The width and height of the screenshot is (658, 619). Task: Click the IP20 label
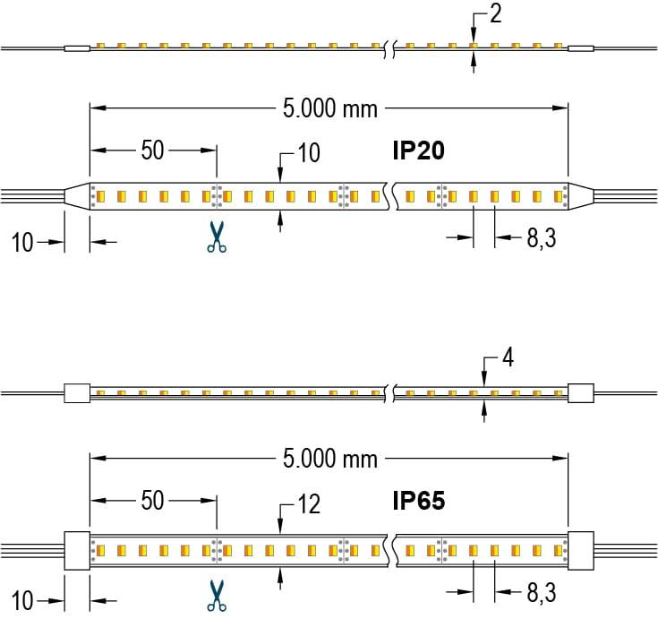(x=418, y=150)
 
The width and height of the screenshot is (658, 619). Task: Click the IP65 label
(x=418, y=501)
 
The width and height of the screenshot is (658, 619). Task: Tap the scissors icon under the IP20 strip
(x=216, y=236)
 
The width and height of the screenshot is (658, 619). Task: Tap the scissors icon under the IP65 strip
(x=216, y=595)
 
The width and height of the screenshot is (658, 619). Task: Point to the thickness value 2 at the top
(x=495, y=14)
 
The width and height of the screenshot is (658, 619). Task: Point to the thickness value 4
(x=508, y=359)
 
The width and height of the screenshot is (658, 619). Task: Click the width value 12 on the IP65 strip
(x=308, y=505)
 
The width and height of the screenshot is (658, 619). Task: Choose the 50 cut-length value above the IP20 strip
(x=152, y=150)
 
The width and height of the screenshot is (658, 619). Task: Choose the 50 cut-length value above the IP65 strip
(x=152, y=501)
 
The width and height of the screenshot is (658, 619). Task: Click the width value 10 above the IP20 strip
(x=308, y=153)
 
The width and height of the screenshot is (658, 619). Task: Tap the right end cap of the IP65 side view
(x=581, y=391)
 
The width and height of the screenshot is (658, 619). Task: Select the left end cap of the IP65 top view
(x=76, y=549)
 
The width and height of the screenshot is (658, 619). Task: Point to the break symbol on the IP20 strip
(x=389, y=195)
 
